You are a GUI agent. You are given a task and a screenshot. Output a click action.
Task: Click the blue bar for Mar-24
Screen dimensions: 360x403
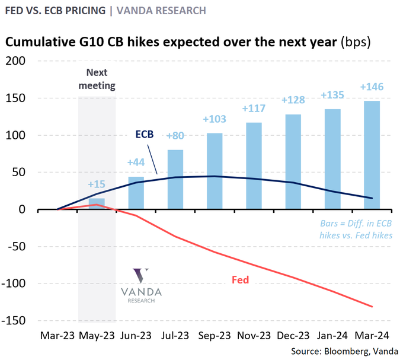[x=372, y=155]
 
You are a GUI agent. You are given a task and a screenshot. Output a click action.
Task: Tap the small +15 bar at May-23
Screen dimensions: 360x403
[x=97, y=203]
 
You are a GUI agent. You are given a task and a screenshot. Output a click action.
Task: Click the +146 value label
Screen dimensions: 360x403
[x=372, y=87]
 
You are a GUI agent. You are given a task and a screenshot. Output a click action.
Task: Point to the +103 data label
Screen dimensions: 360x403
[x=215, y=119]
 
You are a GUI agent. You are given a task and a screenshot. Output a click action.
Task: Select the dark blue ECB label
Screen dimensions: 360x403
[x=144, y=134]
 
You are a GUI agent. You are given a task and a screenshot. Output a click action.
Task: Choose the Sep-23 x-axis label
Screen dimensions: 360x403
[x=215, y=335]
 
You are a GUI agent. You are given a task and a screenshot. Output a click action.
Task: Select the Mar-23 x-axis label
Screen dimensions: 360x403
[x=57, y=335]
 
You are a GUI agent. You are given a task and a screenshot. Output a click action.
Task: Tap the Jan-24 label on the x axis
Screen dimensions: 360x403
[x=332, y=335]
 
